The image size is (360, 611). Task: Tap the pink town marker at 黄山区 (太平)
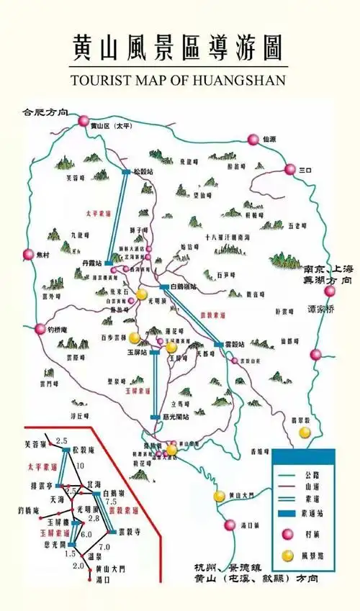84,120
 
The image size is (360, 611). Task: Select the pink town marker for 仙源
253,140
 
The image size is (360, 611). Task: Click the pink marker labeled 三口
290,170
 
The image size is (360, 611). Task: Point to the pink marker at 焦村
28,254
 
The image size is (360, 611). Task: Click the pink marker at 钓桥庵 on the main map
40,329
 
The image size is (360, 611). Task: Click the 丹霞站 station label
94,263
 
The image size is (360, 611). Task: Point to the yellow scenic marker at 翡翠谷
305,431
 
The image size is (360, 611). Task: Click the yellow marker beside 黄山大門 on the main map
219,496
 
